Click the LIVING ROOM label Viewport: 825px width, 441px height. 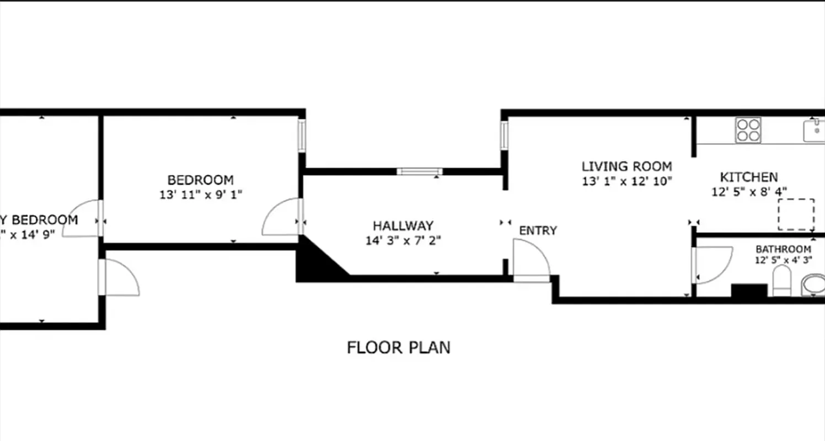pyautogui.click(x=627, y=166)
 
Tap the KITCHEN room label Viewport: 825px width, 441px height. pyautogui.click(x=749, y=178)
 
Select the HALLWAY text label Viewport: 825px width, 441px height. pyautogui.click(x=403, y=226)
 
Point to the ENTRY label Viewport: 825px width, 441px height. pyautogui.click(x=538, y=230)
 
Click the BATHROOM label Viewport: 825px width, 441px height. pyautogui.click(x=783, y=249)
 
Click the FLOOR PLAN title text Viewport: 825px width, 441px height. pyautogui.click(x=398, y=348)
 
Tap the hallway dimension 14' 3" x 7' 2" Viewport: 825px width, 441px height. pyautogui.click(x=403, y=241)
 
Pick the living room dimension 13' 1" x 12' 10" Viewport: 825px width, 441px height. pyautogui.click(x=627, y=181)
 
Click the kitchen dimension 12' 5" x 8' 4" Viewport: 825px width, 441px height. pyautogui.click(x=749, y=192)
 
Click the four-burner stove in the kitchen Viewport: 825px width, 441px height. pyautogui.click(x=748, y=131)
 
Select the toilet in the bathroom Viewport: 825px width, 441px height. pyautogui.click(x=781, y=281)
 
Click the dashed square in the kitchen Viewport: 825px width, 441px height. pyautogui.click(x=796, y=214)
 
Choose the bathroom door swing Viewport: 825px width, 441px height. pyautogui.click(x=712, y=265)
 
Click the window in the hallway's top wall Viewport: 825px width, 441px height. pyautogui.click(x=419, y=171)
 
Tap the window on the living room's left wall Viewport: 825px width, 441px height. pyautogui.click(x=504, y=136)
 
